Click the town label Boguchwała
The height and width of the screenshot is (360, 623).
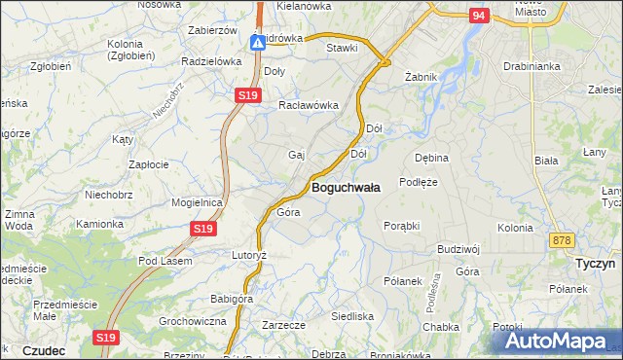click(345, 186)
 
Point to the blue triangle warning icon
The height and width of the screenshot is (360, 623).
click(258, 43)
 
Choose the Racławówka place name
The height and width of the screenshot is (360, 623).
click(308, 105)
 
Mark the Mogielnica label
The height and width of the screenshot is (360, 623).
click(198, 202)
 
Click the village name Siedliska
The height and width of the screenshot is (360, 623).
click(352, 316)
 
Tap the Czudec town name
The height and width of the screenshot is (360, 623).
click(43, 349)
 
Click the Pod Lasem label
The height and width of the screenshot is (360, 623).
click(165, 261)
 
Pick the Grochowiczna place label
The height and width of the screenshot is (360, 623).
click(193, 320)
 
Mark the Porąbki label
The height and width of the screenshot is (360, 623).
click(401, 225)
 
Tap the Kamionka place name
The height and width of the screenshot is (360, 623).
click(100, 223)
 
